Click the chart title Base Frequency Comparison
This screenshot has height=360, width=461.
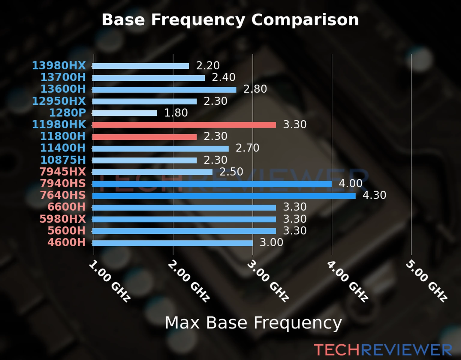(x=230, y=20)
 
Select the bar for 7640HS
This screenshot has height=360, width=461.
(x=224, y=196)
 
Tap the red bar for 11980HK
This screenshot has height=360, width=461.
(x=184, y=125)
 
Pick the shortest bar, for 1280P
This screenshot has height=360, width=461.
(x=125, y=113)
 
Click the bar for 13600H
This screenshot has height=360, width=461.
(x=164, y=89)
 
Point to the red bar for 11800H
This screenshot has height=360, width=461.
(x=144, y=137)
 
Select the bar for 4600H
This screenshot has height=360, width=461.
(x=172, y=243)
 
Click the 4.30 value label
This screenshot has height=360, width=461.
(x=374, y=195)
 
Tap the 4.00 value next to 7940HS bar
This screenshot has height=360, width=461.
(x=351, y=183)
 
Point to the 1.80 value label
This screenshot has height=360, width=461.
(x=176, y=113)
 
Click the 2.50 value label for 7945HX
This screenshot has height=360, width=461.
(x=231, y=172)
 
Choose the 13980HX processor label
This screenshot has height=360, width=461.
(x=59, y=65)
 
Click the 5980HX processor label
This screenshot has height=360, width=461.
(x=62, y=219)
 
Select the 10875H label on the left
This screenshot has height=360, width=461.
(x=63, y=160)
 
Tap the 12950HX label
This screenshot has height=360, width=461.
(x=59, y=101)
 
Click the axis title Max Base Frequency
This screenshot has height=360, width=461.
(x=253, y=323)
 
